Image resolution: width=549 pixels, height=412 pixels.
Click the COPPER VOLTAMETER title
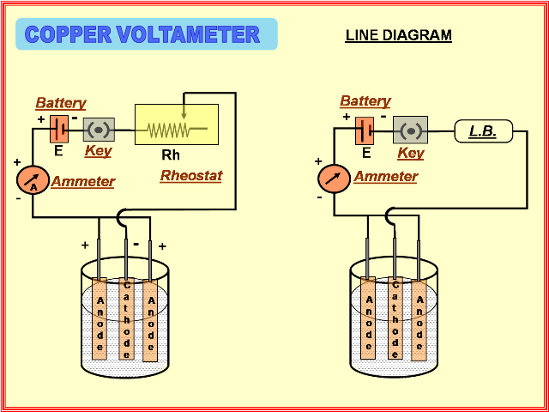pyautogui.click(x=142, y=34)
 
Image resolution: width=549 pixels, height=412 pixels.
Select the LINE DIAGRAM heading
pyautogui.click(x=398, y=35)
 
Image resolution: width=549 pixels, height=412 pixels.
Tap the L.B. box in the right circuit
pyautogui.click(x=482, y=131)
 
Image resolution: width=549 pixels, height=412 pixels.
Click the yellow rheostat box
pyautogui.click(x=177, y=125)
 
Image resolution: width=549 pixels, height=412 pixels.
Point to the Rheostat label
pyautogui.click(x=190, y=176)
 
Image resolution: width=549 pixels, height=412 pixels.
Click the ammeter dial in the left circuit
pyautogui.click(x=33, y=180)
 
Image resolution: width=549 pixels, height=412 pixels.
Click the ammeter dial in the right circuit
pyautogui.click(x=335, y=179)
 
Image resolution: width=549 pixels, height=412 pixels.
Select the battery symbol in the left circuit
pyautogui.click(x=58, y=129)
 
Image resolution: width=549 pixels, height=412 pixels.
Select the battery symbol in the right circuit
pyautogui.click(x=365, y=131)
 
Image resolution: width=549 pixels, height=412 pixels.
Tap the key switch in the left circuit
pyautogui.click(x=99, y=130)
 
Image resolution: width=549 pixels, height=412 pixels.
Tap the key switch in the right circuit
pyautogui.click(x=410, y=130)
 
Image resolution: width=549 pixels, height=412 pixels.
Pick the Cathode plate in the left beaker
pyautogui.click(x=127, y=318)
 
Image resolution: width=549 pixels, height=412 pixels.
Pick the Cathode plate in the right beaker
pyautogui.click(x=395, y=318)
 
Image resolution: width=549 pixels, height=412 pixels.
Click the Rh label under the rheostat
pyautogui.click(x=171, y=155)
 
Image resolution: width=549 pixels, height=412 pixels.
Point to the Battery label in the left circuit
pyautogui.click(x=61, y=103)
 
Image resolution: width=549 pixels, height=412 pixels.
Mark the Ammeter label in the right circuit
pyautogui.click(x=385, y=177)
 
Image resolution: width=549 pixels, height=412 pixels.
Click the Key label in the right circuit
pyautogui.click(x=411, y=154)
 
